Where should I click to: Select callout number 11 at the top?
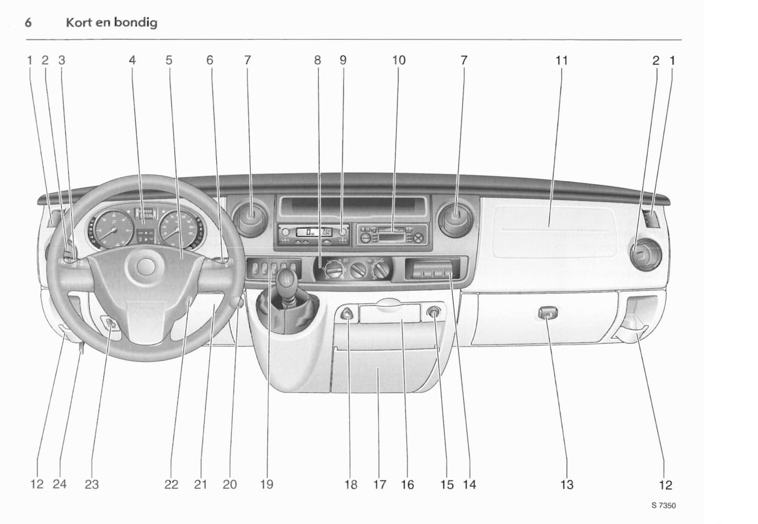coord(561,60)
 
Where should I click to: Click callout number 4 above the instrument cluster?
coord(132,60)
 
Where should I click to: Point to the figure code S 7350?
coord(664,506)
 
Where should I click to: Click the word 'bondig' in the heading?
coord(133,23)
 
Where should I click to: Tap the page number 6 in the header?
coord(29,23)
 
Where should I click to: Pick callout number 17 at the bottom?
coord(379,485)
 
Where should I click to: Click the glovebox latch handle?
coord(548,315)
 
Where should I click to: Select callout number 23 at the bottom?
coord(92,485)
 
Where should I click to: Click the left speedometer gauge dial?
coord(109,229)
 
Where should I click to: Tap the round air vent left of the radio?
coord(250,217)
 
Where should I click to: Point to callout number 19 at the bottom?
coord(266,485)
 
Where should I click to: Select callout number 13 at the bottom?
coord(567,485)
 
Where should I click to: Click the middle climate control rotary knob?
coord(359,272)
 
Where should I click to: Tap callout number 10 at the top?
coord(399,60)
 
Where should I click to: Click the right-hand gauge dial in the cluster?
coord(176,229)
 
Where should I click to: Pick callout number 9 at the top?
coord(343,60)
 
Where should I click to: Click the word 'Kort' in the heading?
coord(77,23)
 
